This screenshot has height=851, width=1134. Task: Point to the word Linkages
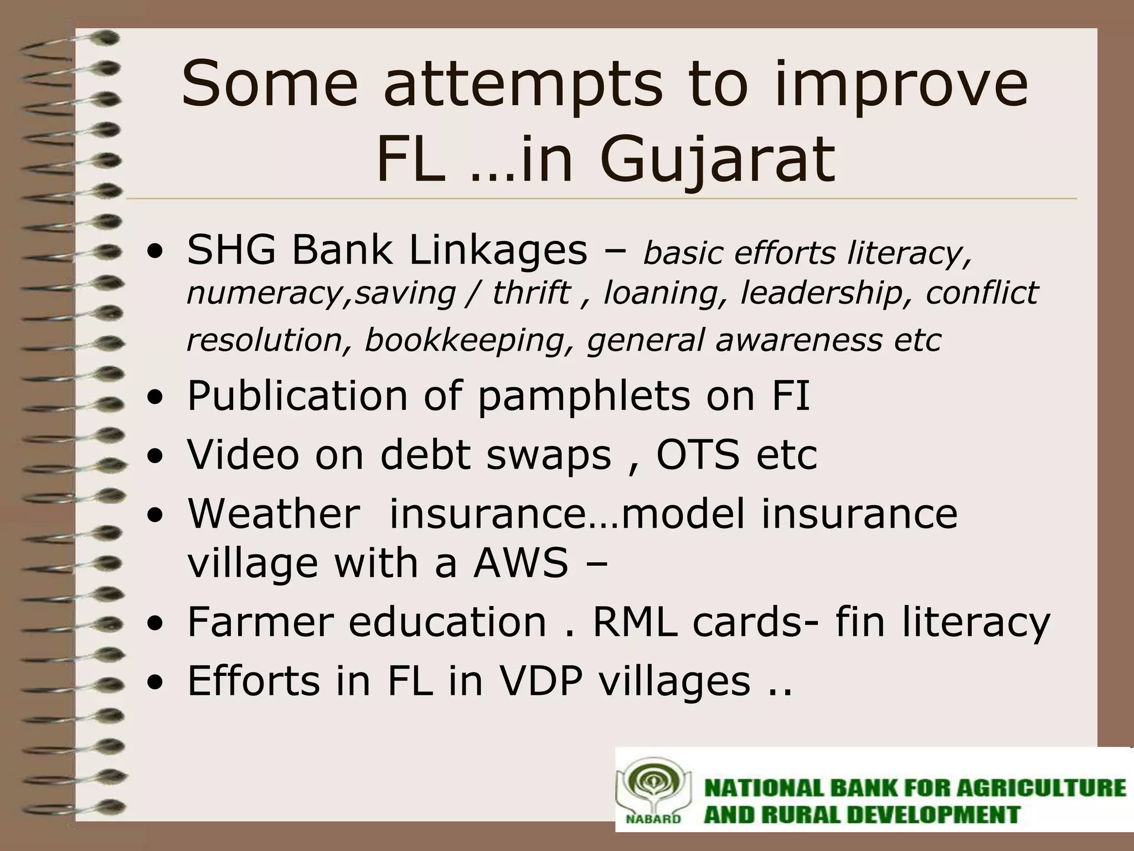click(x=498, y=250)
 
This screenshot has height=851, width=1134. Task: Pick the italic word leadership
click(x=822, y=293)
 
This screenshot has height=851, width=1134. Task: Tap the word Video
click(x=244, y=454)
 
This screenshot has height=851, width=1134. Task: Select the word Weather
click(x=274, y=514)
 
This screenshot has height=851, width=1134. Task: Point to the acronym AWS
click(x=520, y=563)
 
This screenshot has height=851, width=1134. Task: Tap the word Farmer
click(x=260, y=622)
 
